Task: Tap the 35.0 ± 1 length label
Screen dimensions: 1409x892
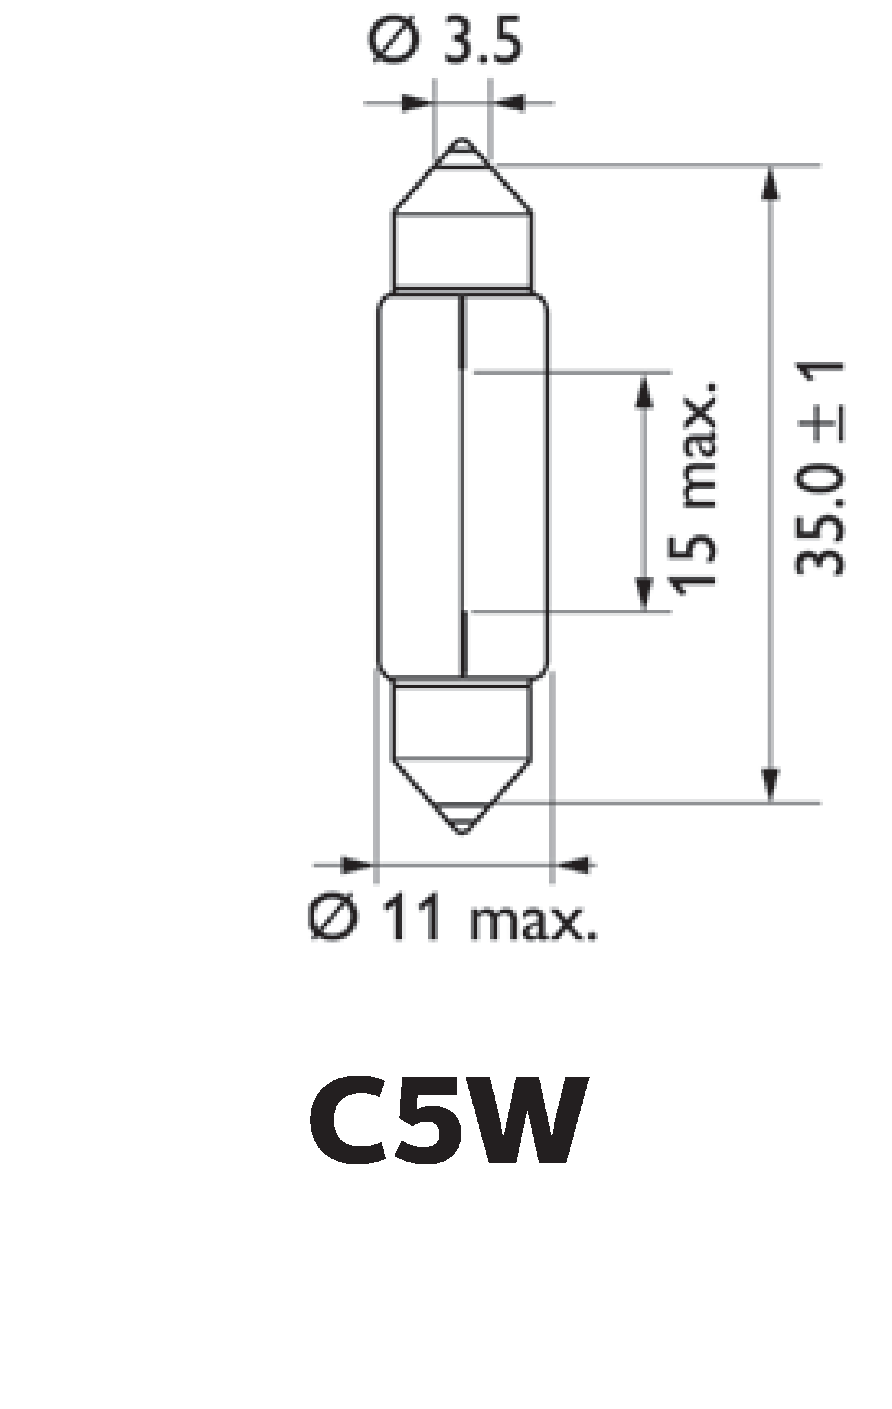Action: tap(819, 468)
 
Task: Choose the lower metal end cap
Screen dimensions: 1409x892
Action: tap(462, 722)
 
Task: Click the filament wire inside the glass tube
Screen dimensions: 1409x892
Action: tap(463, 492)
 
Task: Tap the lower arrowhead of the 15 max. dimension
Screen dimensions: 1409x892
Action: tap(643, 594)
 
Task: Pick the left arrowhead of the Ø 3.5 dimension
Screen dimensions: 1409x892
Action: tap(415, 104)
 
